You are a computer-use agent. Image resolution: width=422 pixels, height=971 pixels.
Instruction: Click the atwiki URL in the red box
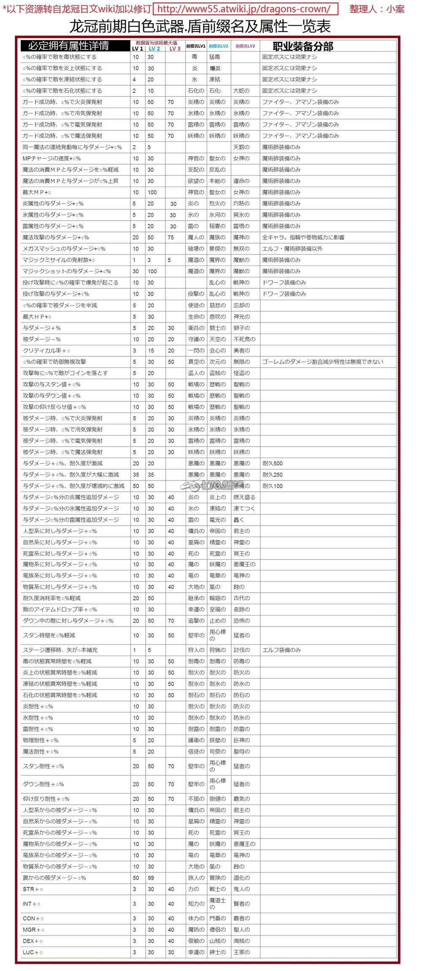245,9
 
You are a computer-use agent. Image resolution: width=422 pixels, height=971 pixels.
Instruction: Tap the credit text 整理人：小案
377,9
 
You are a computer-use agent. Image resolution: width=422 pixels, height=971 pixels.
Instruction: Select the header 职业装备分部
303,46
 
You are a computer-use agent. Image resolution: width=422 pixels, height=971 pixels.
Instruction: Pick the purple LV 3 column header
175,49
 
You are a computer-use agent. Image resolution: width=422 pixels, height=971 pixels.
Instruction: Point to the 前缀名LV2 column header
219,46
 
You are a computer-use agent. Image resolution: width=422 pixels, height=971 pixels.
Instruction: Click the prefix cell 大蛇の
241,91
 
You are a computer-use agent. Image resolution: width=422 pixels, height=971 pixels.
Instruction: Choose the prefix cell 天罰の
241,147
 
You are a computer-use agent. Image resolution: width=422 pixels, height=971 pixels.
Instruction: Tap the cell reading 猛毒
214,57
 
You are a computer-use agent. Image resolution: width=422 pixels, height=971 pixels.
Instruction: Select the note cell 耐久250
273,475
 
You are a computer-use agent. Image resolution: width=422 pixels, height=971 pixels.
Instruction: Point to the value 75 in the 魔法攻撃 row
170,237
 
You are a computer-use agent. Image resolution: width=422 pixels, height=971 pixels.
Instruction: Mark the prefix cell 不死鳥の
244,339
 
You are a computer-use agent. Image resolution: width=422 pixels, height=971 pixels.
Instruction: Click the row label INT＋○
32,904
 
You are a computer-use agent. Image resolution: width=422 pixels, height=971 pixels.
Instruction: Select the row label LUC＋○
32,952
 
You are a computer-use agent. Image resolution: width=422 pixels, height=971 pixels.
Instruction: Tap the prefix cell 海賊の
241,941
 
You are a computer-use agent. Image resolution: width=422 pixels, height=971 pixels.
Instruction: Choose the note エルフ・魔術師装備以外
292,249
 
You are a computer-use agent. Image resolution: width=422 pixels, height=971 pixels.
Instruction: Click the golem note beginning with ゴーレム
322,362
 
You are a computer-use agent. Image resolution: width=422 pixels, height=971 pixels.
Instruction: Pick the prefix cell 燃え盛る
244,497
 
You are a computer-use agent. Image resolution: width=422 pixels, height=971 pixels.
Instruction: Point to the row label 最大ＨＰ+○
37,317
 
